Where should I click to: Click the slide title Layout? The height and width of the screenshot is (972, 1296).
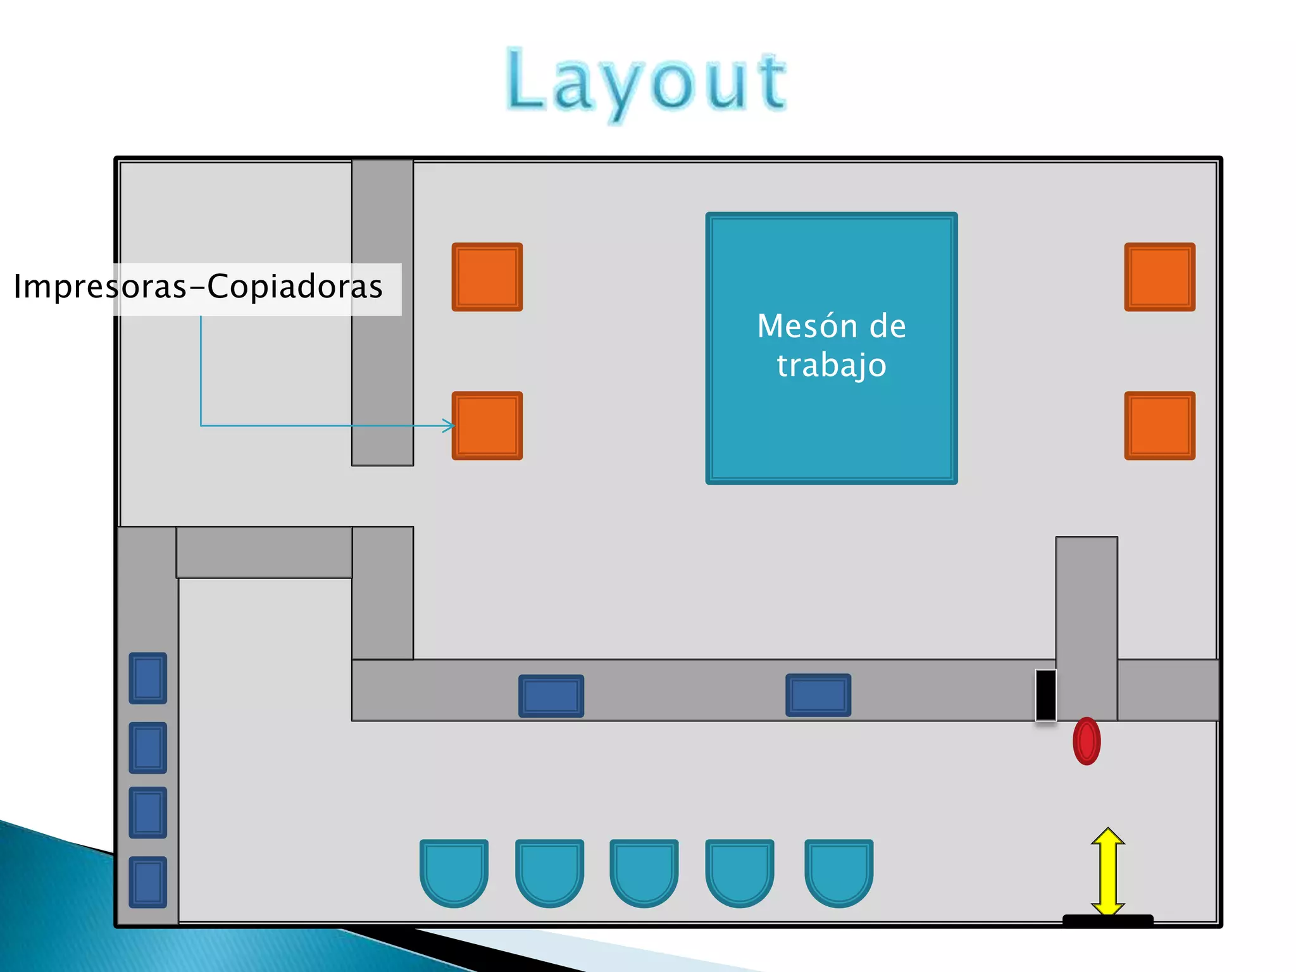click(x=647, y=82)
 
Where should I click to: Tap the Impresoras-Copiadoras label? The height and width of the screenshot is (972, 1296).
click(x=198, y=287)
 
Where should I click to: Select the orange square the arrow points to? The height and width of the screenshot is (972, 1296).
click(x=487, y=425)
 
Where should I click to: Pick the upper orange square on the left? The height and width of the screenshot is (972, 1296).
click(x=487, y=277)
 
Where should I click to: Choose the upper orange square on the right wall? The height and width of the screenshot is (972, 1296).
click(x=1159, y=277)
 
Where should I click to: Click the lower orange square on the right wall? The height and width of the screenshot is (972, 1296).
click(x=1159, y=425)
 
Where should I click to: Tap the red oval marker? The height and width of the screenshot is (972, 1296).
click(x=1087, y=741)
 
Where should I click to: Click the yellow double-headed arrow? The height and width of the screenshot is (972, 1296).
click(x=1107, y=871)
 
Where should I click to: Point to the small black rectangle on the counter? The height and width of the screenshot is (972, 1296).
click(x=1045, y=695)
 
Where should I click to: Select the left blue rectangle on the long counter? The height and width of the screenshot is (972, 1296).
click(x=551, y=695)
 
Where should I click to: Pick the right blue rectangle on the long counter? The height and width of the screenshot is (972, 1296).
click(x=818, y=695)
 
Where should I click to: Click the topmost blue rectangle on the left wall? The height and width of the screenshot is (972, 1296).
click(x=148, y=678)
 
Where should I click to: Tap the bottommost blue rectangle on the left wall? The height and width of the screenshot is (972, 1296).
click(x=148, y=882)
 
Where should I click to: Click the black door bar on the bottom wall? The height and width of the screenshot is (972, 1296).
click(x=1107, y=920)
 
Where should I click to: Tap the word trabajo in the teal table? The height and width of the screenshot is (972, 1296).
click(x=831, y=366)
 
